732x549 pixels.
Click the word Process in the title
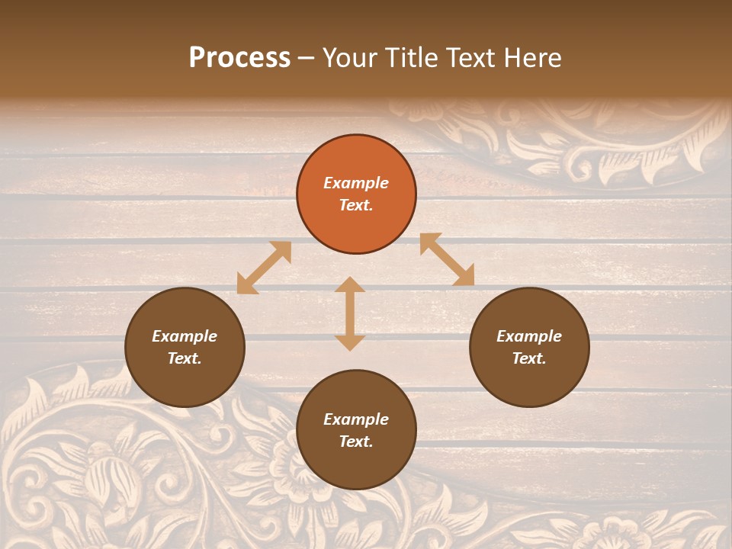tap(239, 58)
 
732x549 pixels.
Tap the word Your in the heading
tap(350, 58)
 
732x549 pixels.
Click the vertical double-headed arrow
tap(350, 313)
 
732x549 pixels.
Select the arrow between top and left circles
tap(264, 268)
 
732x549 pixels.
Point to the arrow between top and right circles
tap(447, 259)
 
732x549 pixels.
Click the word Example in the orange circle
tap(356, 183)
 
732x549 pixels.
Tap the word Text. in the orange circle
tap(356, 205)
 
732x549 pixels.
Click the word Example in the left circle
tap(185, 336)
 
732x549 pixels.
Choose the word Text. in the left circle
tap(185, 358)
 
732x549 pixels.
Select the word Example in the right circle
tap(529, 336)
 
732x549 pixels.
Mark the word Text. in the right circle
tap(529, 358)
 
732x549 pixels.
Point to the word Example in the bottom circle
tap(356, 419)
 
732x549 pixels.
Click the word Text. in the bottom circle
tap(356, 441)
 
